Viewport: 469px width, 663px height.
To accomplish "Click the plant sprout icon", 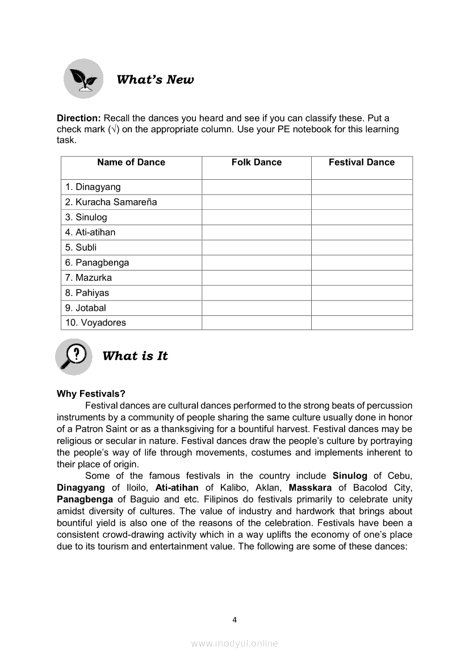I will click(x=83, y=79).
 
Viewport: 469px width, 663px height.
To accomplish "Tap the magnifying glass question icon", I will click(x=74, y=357).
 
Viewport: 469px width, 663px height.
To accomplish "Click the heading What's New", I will click(x=155, y=79).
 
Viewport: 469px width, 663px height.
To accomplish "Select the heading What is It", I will click(x=135, y=356).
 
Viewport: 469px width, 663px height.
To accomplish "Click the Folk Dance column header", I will click(x=256, y=162).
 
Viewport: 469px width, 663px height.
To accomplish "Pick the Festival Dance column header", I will click(x=361, y=162).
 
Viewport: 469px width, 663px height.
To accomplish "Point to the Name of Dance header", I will click(x=131, y=162).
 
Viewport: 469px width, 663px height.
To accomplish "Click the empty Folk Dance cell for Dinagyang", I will click(x=256, y=187).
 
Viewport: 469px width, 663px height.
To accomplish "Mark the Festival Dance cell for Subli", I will click(x=361, y=247).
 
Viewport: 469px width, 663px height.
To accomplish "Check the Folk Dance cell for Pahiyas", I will click(x=256, y=293).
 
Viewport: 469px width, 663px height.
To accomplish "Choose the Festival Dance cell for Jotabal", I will click(x=361, y=308).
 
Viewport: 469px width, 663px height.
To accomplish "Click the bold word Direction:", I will click(x=79, y=118).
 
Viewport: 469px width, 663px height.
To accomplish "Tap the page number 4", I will click(x=235, y=619).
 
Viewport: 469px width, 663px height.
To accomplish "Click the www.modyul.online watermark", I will click(x=235, y=643).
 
